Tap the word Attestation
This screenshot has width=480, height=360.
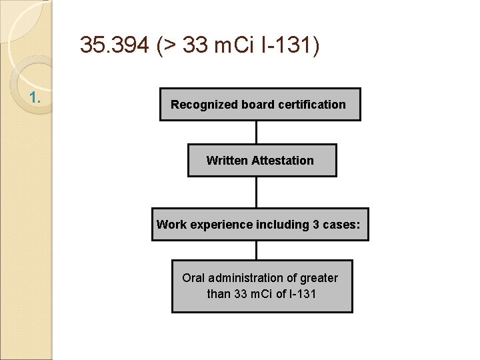coord(283,161)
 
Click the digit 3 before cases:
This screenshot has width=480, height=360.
coord(316,225)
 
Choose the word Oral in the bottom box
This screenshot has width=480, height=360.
coord(194,278)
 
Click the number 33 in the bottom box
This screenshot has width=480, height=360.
coord(241,294)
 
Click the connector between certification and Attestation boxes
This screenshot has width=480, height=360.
coord(256,132)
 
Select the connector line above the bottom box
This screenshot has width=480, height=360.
coord(256,250)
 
